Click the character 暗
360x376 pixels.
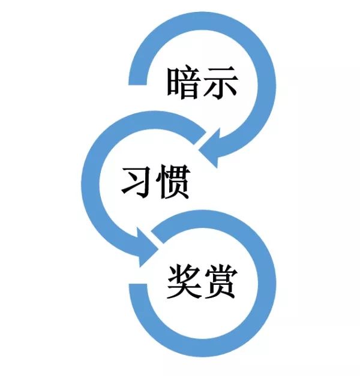pyautogui.click(x=184, y=84)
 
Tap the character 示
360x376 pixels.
pyautogui.click(x=219, y=84)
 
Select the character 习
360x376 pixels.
pyautogui.click(x=137, y=182)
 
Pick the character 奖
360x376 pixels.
pyautogui.click(x=184, y=282)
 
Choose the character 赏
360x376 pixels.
pyautogui.click(x=219, y=282)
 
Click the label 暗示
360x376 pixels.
pyautogui.click(x=202, y=84)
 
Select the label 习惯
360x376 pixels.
pyautogui.click(x=155, y=182)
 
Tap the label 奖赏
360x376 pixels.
pyautogui.click(x=202, y=282)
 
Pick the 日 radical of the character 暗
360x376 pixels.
pyautogui.click(x=173, y=85)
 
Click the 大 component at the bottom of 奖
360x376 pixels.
pyautogui.click(x=184, y=291)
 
